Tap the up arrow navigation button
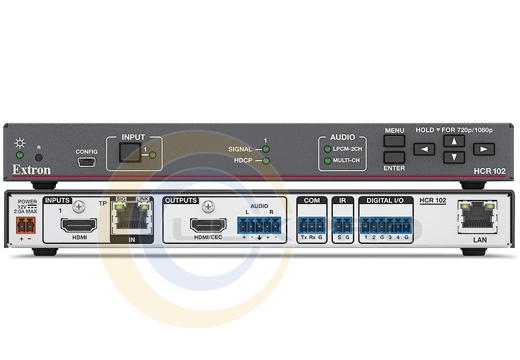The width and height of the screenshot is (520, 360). tap(454, 141)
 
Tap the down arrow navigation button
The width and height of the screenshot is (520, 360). tap(454, 157)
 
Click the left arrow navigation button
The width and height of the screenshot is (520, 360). tap(425, 149)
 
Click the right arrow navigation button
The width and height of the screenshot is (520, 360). tap(484, 149)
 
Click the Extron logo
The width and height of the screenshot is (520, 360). tap(32, 170)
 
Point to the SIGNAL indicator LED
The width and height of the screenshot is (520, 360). tap(265, 150)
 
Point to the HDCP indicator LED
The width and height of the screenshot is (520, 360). tap(265, 160)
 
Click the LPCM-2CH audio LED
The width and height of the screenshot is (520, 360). tap(327, 150)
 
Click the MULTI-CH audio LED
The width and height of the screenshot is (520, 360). tap(327, 160)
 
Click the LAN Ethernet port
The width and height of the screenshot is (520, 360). tap(475, 217)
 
